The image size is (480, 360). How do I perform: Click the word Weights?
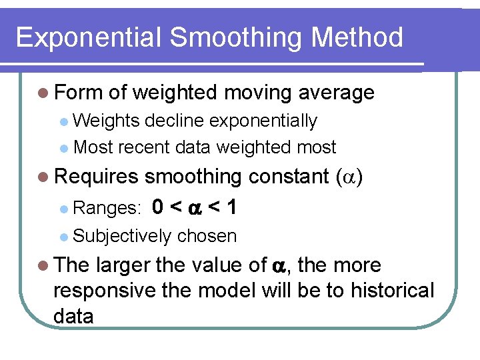point(106,121)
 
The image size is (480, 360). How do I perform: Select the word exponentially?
point(264,121)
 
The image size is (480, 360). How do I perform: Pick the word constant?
point(289,177)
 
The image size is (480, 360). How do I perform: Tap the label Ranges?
point(107,209)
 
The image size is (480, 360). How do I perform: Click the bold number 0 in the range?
point(158,207)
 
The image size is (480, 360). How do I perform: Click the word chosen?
point(207,236)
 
